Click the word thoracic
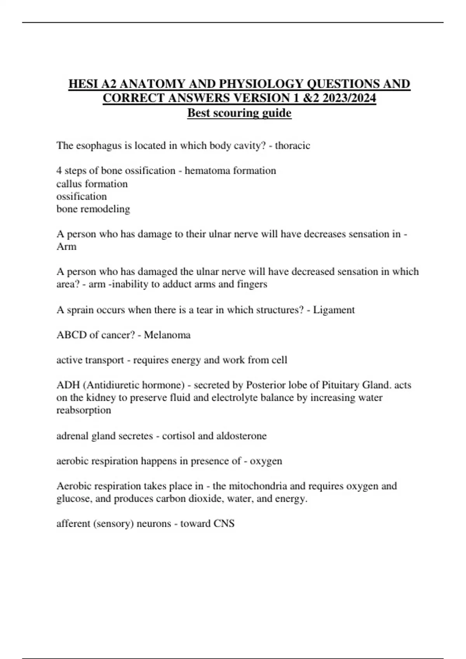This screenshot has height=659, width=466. point(292,146)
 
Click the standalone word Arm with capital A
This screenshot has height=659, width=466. point(66,247)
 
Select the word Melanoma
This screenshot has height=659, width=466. point(167,335)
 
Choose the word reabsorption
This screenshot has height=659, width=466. point(83,410)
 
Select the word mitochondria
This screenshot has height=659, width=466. point(258,486)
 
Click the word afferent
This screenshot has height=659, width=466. point(73,524)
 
